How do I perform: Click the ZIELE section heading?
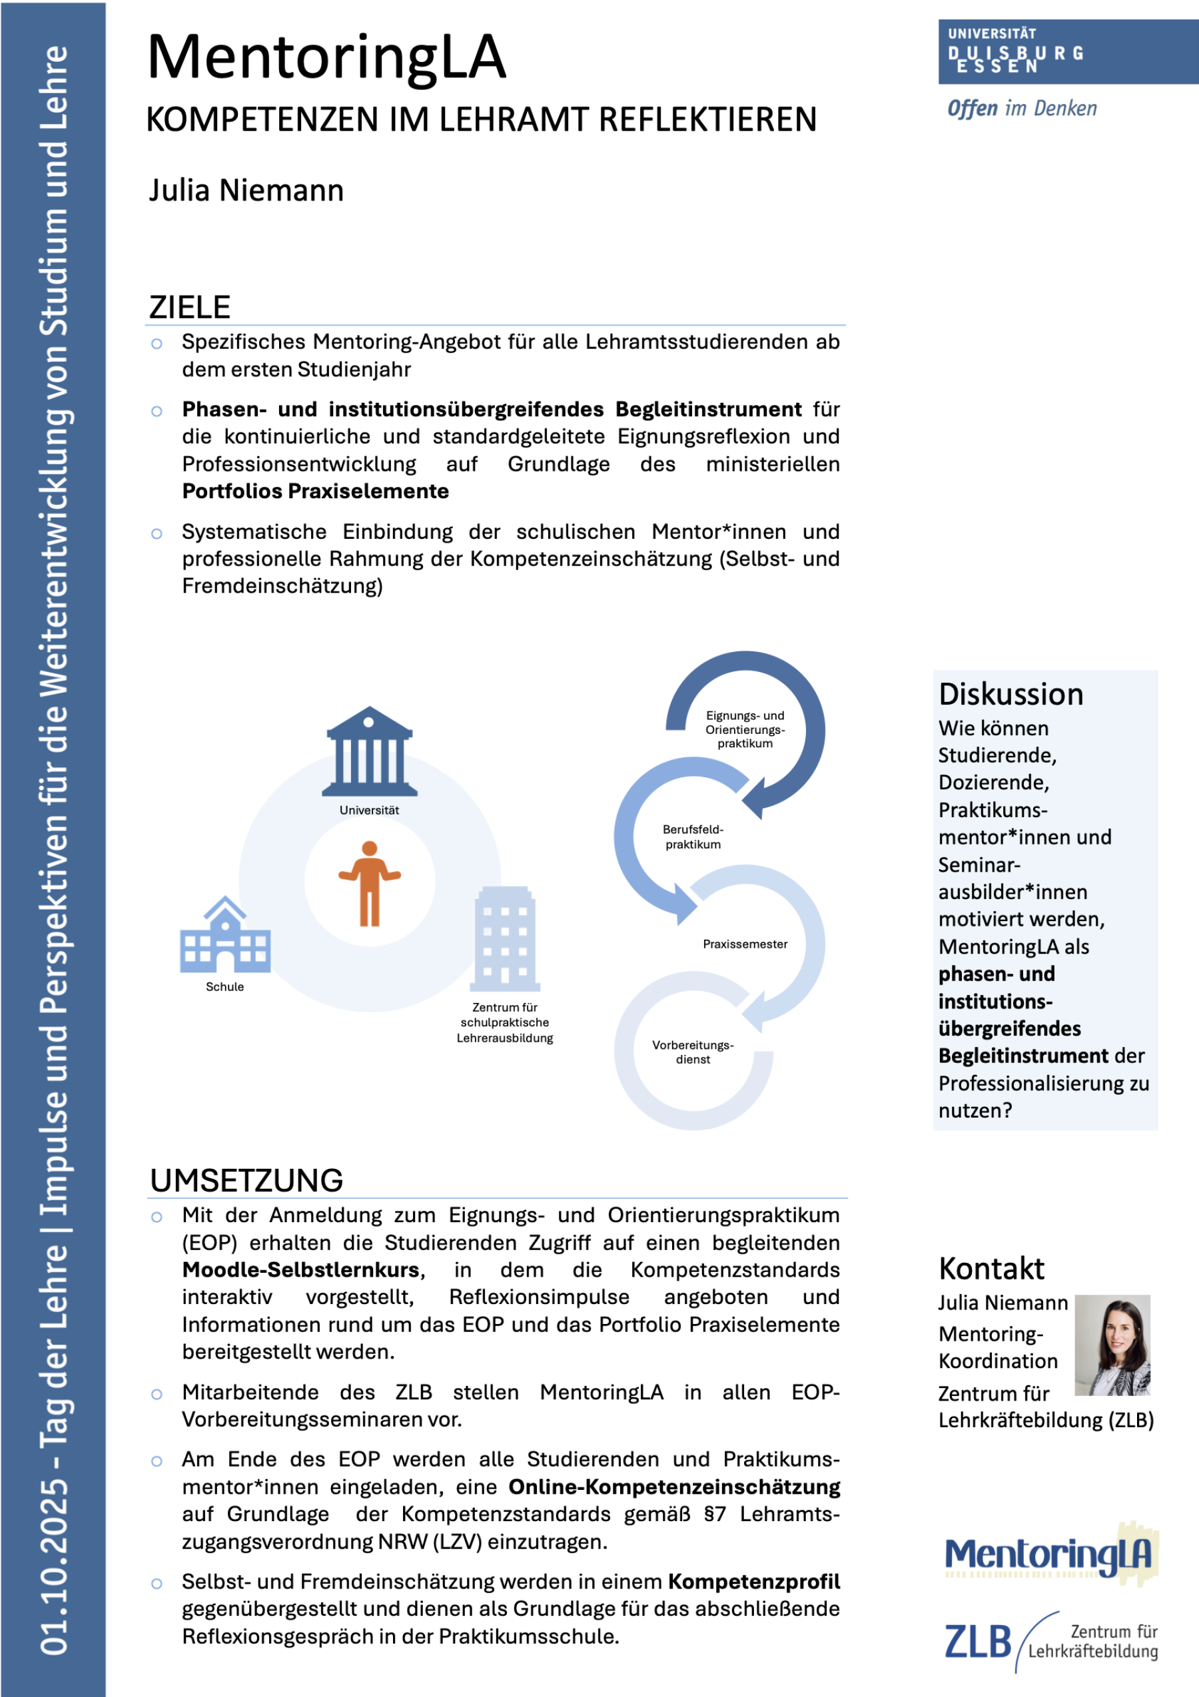190,308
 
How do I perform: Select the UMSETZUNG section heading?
246,1180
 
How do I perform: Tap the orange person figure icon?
370,883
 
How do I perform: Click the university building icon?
370,752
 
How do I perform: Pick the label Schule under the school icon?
224,987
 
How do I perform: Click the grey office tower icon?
505,938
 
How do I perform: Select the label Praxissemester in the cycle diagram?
745,944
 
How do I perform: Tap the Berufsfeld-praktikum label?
693,837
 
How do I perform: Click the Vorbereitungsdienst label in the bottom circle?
693,1052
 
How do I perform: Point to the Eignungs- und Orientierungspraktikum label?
745,729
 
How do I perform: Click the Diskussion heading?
1010,695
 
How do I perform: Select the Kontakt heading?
991,1269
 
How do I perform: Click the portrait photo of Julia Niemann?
1112,1345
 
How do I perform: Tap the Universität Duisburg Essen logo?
1067,52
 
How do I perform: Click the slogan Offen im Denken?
1022,109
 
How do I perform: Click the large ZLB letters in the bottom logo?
977,1642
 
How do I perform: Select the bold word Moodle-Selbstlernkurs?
301,1270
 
